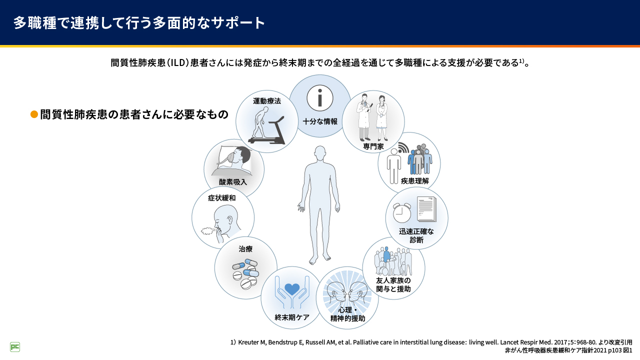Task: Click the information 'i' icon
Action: [x=320, y=97]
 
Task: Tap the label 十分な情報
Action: [x=320, y=121]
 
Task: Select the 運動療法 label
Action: [x=267, y=101]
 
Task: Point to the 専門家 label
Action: [x=373, y=146]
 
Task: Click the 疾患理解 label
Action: [x=415, y=181]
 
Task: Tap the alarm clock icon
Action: [x=401, y=212]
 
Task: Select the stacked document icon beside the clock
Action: [x=426, y=210]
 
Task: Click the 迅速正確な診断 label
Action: [x=416, y=235]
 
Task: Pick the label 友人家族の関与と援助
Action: [x=393, y=284]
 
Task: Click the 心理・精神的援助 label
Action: [x=347, y=314]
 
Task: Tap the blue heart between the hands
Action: [x=292, y=289]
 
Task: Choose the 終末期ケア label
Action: [x=292, y=317]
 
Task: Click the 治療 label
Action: [x=245, y=248]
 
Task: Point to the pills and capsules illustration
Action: [x=245, y=274]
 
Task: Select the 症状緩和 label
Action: [x=222, y=198]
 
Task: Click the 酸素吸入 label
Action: [x=233, y=182]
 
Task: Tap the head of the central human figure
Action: [x=320, y=154]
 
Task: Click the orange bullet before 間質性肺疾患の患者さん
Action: [x=34, y=114]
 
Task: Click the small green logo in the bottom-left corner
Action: [x=15, y=347]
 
